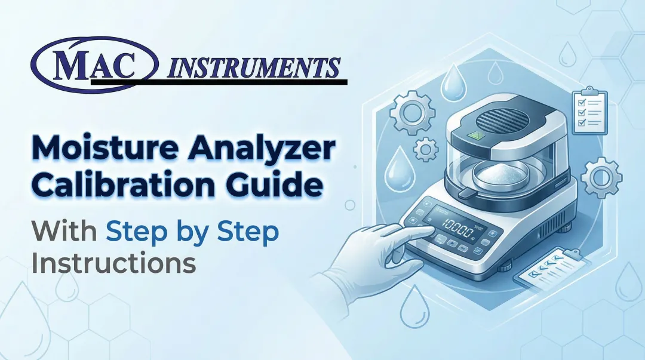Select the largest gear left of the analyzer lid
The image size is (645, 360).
coord(412,113)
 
